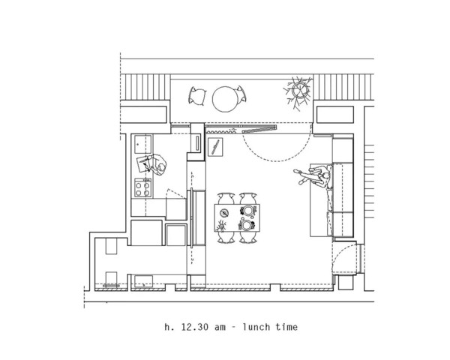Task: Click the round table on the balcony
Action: click(225, 99)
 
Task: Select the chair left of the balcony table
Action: click(197, 96)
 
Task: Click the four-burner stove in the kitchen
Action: click(142, 187)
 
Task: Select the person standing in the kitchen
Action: click(152, 164)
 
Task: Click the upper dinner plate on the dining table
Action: click(248, 211)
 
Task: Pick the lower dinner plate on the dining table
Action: click(247, 225)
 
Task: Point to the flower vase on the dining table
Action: click(221, 226)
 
